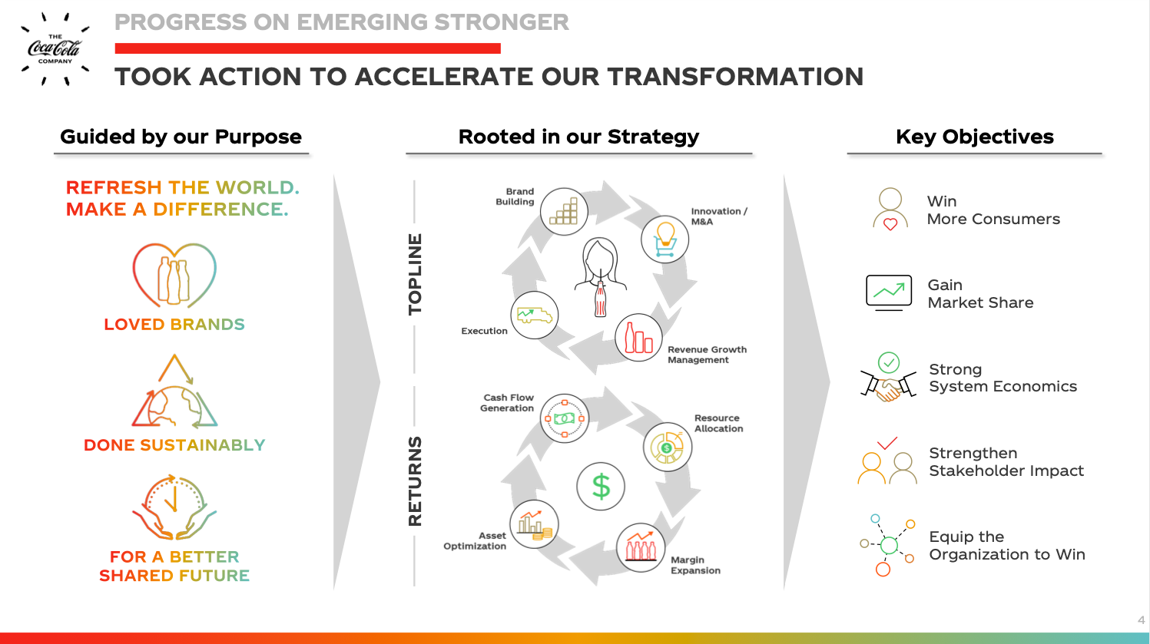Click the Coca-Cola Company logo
pos(55,49)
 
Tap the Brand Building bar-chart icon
pos(564,211)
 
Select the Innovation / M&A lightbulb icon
pos(664,239)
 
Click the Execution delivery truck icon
pos(535,315)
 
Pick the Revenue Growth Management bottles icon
pos(638,338)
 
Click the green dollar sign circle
pos(601,486)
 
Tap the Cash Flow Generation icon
pos(565,418)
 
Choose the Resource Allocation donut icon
pos(667,447)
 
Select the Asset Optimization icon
pos(535,524)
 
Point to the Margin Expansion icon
pos(640,547)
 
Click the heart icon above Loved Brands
pos(174,276)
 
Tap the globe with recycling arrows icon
pos(174,391)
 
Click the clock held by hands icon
pos(174,507)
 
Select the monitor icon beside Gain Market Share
pos(889,292)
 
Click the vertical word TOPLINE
pos(415,274)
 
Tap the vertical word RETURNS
pos(415,481)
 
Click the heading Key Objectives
pos(974,137)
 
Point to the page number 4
pos(1142,620)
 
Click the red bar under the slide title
pos(307,48)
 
